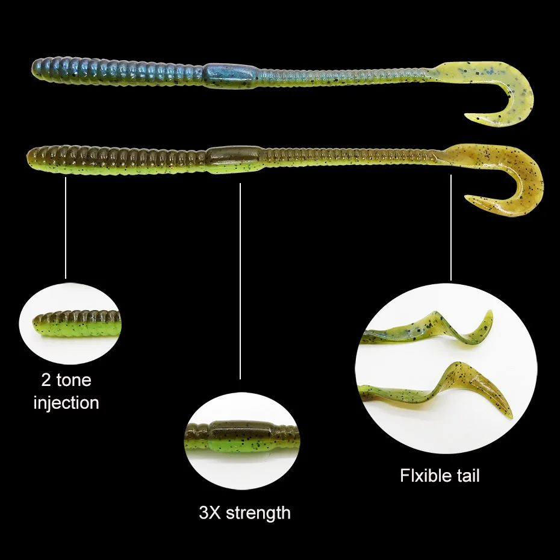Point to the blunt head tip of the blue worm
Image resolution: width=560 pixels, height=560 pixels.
[35, 69]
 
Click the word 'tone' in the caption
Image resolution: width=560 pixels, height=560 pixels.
[75, 380]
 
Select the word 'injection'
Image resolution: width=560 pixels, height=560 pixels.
[66, 402]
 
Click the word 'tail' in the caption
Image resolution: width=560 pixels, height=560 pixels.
[467, 475]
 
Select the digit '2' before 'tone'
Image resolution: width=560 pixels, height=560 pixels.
[46, 380]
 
